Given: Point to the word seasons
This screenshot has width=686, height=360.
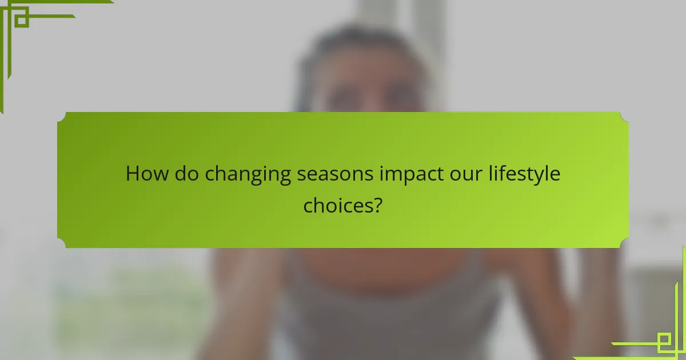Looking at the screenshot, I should click(x=335, y=174).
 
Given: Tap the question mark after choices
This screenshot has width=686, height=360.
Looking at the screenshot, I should click(x=377, y=205).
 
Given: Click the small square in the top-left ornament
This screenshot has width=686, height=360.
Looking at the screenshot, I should click(x=21, y=19).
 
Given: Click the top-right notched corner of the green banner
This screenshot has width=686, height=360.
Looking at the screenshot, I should click(x=624, y=117).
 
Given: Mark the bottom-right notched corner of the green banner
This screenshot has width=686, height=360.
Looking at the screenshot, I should click(x=624, y=243).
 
